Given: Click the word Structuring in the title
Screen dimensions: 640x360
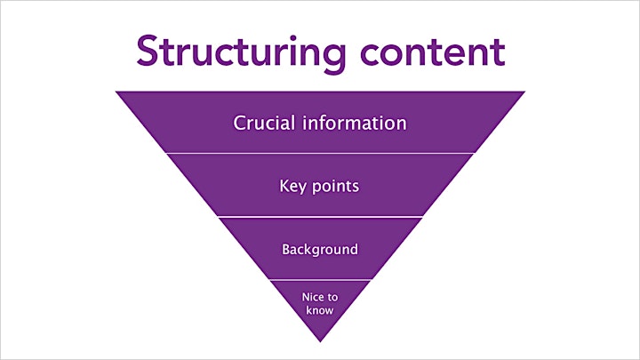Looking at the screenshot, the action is point(241,53).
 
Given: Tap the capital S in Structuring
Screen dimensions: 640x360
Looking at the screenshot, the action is point(148,51).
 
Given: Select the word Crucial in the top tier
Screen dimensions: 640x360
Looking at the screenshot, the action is point(264,123).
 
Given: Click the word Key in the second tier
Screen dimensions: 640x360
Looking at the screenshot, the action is point(292,187).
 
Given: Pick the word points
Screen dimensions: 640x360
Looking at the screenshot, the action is point(335,187).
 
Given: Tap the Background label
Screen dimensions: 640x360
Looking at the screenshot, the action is point(320,250).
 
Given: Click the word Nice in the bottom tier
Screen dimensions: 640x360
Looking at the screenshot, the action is point(311,297).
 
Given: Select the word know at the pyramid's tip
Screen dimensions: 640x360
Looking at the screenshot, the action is point(320,310).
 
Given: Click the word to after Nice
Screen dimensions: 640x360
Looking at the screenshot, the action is point(332,297).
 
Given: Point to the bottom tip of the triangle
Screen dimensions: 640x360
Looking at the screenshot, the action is point(320,341).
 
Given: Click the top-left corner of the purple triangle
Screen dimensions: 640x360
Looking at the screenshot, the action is point(116,92).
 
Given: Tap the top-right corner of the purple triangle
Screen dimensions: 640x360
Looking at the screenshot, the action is point(525,92).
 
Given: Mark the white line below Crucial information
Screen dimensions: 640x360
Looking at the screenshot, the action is point(320,154).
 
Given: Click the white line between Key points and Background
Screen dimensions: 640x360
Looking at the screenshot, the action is point(320,217).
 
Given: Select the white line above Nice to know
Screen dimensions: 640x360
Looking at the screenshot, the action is point(320,280).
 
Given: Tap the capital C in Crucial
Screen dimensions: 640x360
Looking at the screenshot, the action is point(240,124).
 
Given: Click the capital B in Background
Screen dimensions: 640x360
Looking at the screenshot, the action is point(286,250).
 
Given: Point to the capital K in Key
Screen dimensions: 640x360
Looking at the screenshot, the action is point(284,186).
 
